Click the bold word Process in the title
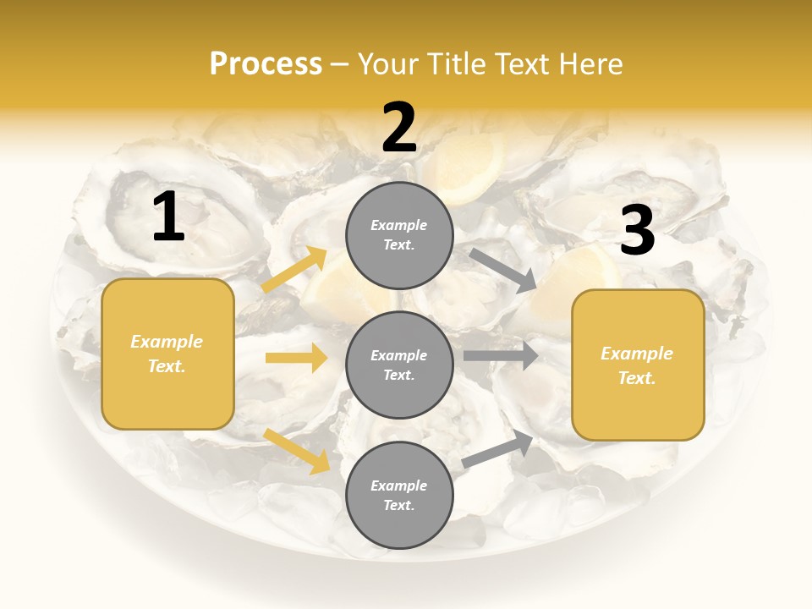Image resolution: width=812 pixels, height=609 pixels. [266, 63]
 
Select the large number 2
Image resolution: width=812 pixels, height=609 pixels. [399, 128]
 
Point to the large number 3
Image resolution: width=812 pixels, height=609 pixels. [637, 230]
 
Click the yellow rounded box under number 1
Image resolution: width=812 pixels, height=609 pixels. [167, 354]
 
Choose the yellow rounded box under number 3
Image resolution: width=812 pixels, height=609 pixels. [638, 365]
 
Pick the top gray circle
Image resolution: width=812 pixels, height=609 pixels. [399, 235]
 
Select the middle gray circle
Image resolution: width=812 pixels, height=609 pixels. [399, 365]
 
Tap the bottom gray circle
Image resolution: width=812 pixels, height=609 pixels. [399, 495]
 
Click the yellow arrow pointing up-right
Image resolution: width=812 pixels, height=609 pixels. [295, 270]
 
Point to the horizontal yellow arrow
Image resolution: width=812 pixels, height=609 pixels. [296, 358]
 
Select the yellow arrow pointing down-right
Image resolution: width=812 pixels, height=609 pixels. [297, 451]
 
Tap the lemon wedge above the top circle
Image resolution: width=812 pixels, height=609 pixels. [465, 169]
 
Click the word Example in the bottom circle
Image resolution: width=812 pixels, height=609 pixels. [399, 486]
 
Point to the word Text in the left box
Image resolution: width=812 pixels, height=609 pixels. [167, 366]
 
